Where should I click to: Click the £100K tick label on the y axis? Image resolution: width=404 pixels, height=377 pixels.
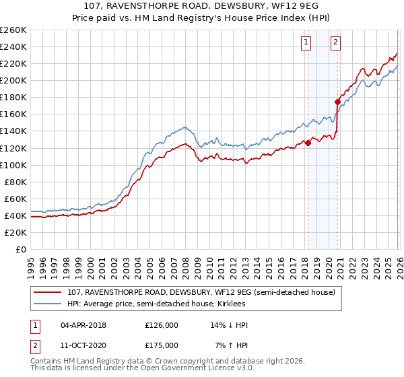click(13, 165)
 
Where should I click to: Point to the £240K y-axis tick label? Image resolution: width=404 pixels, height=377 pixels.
click(13, 46)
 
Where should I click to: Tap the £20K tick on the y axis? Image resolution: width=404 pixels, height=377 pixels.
click(15, 232)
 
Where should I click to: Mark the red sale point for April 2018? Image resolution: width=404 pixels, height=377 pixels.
click(308, 143)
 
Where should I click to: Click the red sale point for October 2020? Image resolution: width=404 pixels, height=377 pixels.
click(337, 102)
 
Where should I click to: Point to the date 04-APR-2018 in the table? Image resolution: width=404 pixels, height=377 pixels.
click(83, 325)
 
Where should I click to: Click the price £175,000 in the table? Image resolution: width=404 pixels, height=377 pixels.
click(161, 345)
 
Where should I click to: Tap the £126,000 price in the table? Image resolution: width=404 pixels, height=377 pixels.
click(161, 325)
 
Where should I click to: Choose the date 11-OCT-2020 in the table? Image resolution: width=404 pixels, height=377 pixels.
click(83, 345)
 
